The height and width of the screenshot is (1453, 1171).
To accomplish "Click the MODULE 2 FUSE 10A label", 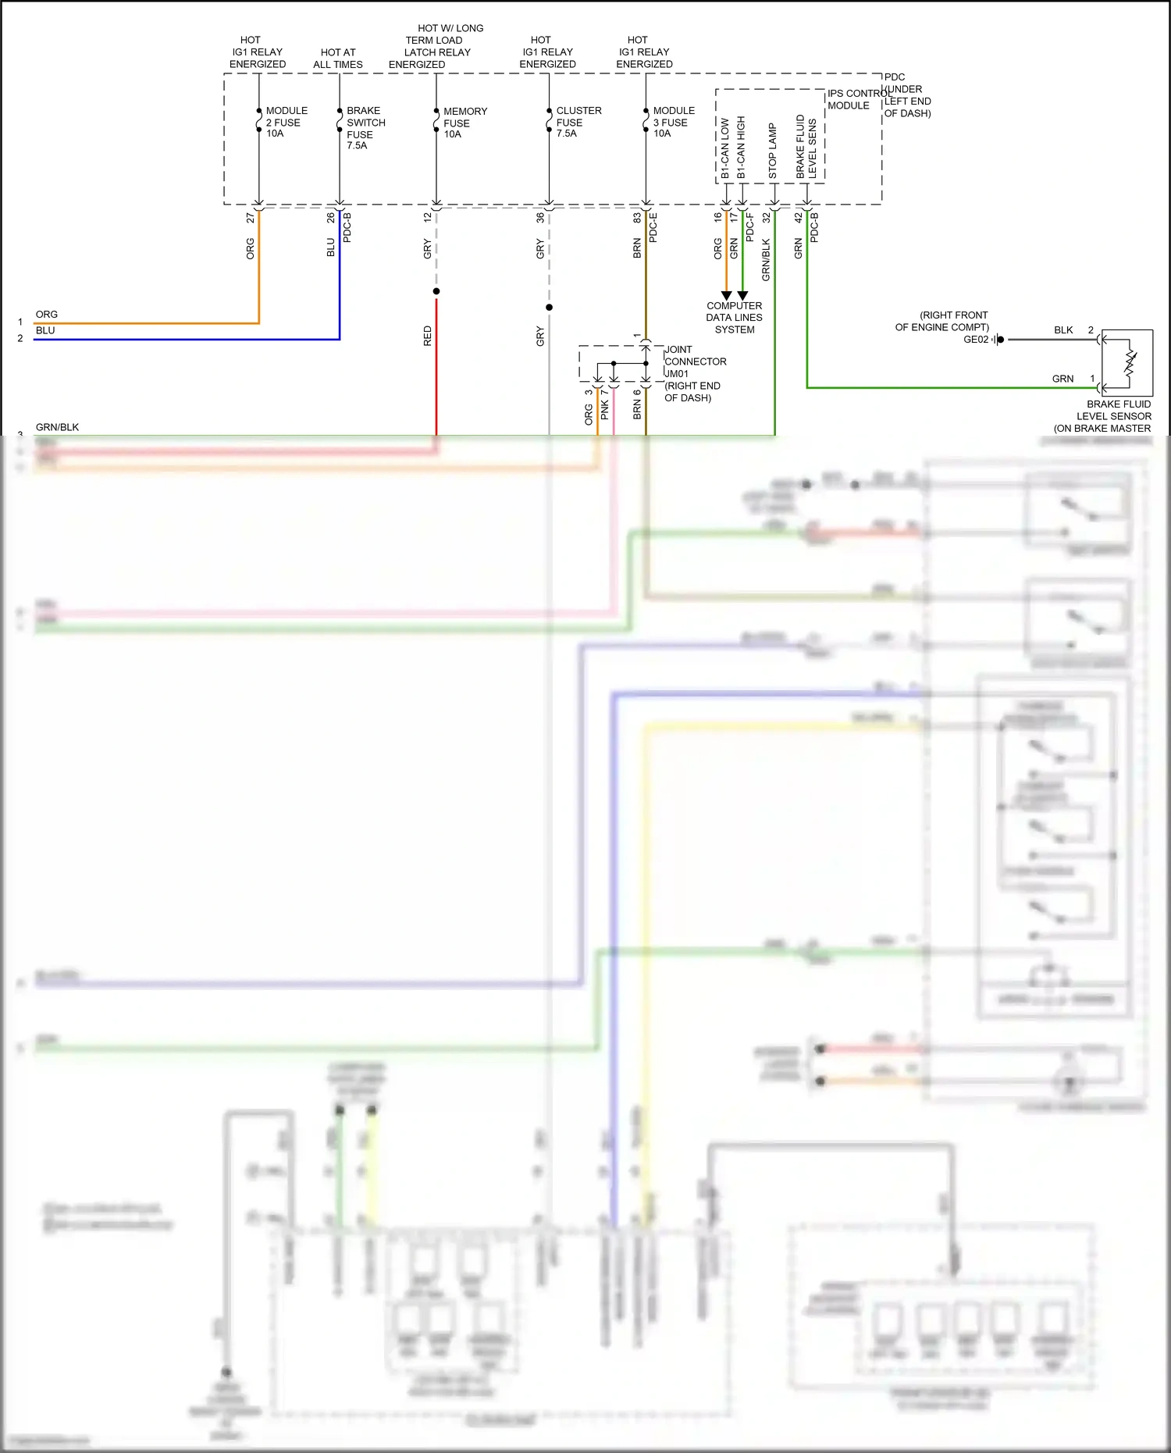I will (x=286, y=122).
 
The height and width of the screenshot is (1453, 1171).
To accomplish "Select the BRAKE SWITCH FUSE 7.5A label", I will (x=365, y=128).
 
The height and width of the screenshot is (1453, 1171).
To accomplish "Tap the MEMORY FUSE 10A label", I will (x=464, y=123).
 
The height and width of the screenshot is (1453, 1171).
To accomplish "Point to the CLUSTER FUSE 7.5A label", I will (x=578, y=122).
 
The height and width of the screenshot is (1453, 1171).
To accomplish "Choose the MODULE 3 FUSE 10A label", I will (x=673, y=122).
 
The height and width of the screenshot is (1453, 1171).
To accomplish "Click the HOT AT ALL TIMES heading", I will (x=338, y=59).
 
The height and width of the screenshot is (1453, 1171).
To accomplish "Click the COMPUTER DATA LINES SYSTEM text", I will (x=734, y=318).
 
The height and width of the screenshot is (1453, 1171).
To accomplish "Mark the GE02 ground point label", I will (x=976, y=340).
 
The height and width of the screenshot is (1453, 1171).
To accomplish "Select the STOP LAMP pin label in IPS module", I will (x=772, y=150).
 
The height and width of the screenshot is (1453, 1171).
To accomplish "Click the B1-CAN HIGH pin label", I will (x=741, y=147).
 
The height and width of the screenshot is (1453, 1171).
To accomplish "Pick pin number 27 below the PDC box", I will (x=251, y=218).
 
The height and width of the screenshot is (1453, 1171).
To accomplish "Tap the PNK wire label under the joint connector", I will (x=605, y=410).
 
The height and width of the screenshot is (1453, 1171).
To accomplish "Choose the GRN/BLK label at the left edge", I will (x=57, y=427).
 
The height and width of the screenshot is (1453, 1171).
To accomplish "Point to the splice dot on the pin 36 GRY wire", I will (x=549, y=308).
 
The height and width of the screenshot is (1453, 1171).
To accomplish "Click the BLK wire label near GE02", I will (x=1062, y=330).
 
